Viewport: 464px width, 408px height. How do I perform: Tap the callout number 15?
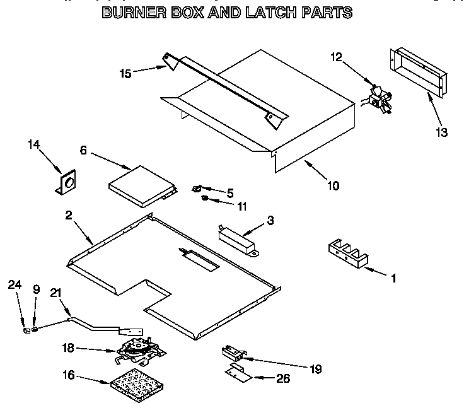tap(125, 74)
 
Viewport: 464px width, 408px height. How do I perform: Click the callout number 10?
tap(332, 185)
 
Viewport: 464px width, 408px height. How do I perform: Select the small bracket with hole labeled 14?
tap(65, 184)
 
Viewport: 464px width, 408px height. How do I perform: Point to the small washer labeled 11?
tap(206, 199)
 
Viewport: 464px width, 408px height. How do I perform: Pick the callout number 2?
tap(69, 214)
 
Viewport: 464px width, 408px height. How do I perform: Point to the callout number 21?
tap(56, 291)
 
